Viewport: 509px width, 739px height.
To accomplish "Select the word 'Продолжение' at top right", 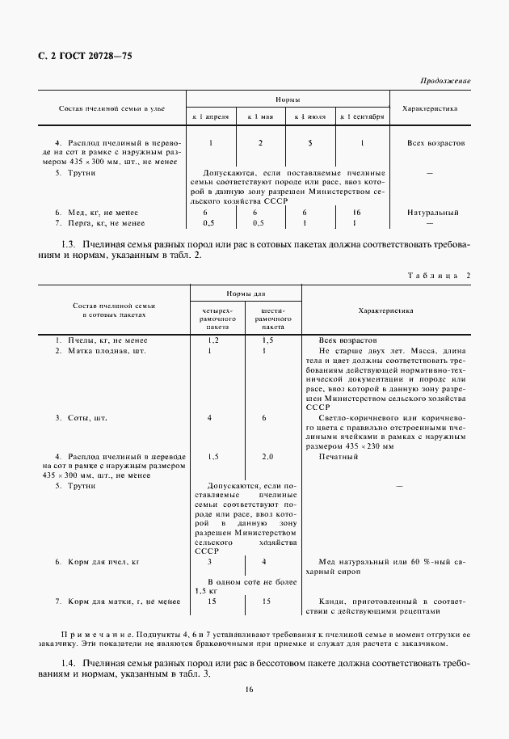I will (445, 82).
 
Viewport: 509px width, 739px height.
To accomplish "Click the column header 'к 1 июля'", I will (310, 117).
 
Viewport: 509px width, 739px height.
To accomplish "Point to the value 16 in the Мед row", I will (357, 212).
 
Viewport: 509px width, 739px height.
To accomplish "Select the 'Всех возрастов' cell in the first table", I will (435, 143).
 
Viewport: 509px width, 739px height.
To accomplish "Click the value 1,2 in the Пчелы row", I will (212, 340).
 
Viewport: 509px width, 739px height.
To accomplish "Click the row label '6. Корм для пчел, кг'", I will (98, 561).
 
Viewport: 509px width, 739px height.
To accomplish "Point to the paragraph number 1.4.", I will (69, 663).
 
